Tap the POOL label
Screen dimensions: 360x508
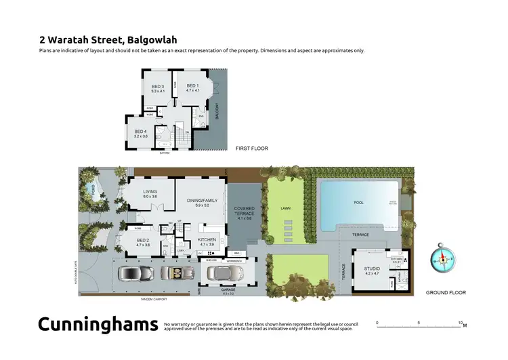pyautogui.click(x=358, y=203)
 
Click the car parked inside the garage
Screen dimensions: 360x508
pyautogui.click(x=224, y=273)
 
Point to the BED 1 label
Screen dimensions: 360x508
pyautogui.click(x=193, y=86)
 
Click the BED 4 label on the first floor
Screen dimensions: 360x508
pyautogui.click(x=141, y=132)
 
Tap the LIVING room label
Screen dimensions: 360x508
pyautogui.click(x=150, y=192)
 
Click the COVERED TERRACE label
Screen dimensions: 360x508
pyautogui.click(x=244, y=211)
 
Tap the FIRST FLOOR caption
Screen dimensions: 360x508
pyautogui.click(x=252, y=148)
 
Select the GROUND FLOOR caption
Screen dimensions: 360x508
pyautogui.click(x=446, y=293)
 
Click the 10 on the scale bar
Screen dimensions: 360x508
pyautogui.click(x=461, y=323)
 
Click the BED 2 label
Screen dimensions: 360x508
pyautogui.click(x=143, y=241)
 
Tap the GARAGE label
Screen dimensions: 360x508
pyautogui.click(x=228, y=289)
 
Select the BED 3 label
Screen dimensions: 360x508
pyautogui.click(x=158, y=86)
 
